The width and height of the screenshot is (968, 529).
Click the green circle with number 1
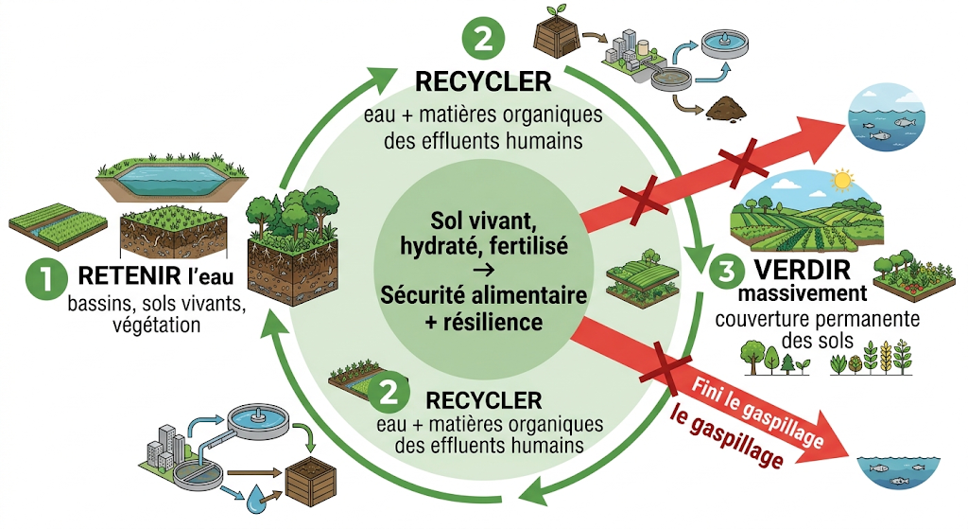(x=46, y=279)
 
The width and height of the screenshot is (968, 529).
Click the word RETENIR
(x=129, y=275)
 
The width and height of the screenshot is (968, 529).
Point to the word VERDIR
(x=803, y=270)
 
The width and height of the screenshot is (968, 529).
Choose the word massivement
(x=803, y=293)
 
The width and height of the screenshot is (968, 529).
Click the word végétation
(x=156, y=325)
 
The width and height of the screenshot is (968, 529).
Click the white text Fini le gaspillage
(x=757, y=412)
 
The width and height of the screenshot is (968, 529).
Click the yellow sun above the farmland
(x=841, y=181)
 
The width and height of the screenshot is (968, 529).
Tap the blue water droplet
(x=256, y=500)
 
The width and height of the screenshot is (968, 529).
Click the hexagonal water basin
(x=172, y=177)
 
